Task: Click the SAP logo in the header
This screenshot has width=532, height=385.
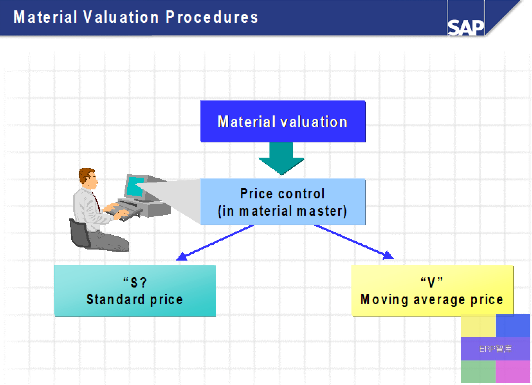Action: (466, 28)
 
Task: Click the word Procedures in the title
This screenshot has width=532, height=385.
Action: (212, 17)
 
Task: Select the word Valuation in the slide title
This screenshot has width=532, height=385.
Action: (121, 17)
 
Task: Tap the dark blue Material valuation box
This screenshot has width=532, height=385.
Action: (283, 121)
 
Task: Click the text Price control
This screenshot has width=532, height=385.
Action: (282, 194)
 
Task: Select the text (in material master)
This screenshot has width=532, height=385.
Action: (282, 211)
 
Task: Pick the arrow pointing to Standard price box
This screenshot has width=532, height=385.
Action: (215, 243)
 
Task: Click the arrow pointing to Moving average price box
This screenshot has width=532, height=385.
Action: (354, 242)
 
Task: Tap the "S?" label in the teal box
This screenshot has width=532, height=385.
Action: (135, 282)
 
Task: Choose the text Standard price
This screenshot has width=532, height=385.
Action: (135, 299)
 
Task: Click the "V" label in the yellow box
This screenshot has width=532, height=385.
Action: (432, 282)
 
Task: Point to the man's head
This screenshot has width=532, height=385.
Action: (88, 178)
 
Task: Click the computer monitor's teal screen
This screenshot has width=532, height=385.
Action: (135, 186)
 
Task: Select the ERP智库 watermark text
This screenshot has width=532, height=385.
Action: (495, 349)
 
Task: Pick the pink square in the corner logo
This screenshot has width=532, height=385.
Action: (513, 372)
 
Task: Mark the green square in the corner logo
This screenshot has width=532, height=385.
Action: (478, 372)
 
